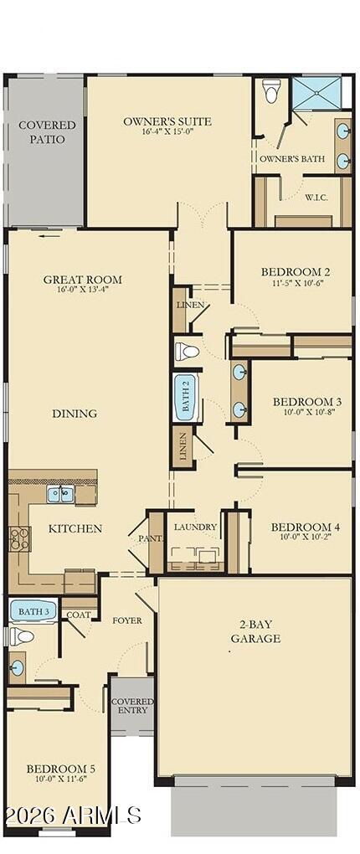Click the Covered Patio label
tap(47, 132)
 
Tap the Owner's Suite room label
tap(167, 121)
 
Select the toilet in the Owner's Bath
tap(271, 92)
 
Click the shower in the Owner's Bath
tap(316, 94)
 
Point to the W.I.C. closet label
tap(316, 198)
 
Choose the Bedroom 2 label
tap(295, 271)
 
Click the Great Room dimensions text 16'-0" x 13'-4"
tap(83, 290)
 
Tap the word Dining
tap(75, 413)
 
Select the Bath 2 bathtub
tap(185, 398)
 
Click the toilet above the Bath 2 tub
tap(186, 351)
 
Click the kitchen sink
tap(59, 494)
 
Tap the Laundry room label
tap(196, 527)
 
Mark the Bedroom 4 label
tap(306, 527)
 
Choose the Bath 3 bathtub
tap(33, 611)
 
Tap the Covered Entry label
tap(132, 705)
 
